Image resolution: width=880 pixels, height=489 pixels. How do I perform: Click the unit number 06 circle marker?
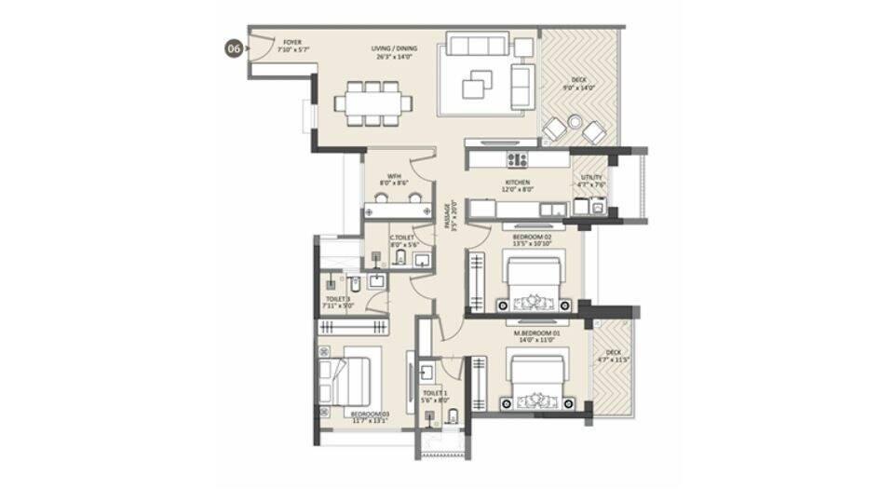[x=234, y=49]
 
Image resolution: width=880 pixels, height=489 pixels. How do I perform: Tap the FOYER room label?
[x=291, y=46]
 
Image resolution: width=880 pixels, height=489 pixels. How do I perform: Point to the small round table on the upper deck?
[x=575, y=122]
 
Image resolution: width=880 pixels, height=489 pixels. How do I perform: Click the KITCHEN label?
[x=518, y=185]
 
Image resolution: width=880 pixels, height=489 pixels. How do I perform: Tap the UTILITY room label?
[x=592, y=181]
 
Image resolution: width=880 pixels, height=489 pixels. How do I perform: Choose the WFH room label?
[x=395, y=180]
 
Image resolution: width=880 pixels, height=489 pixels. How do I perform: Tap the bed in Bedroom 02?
[x=533, y=284]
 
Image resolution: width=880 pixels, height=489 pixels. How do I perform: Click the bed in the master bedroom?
[x=535, y=382]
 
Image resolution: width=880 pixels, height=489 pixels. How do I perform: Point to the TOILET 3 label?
[x=338, y=301]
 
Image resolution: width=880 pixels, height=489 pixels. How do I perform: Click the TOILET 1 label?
[x=435, y=397]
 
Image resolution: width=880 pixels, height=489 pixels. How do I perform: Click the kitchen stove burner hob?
[x=517, y=159]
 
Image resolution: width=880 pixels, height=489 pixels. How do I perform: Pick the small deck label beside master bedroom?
[x=613, y=355]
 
